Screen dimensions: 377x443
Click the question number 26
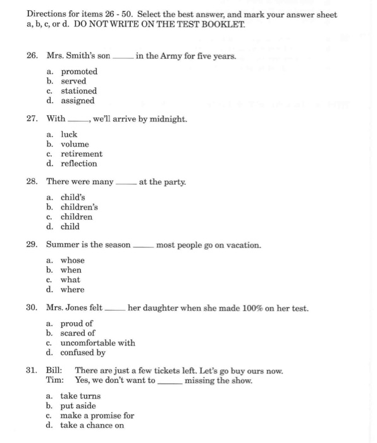point(32,56)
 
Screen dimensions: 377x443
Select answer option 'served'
point(73,82)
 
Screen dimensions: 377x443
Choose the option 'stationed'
point(78,91)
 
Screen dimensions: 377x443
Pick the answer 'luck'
point(69,135)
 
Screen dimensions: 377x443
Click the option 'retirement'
point(81,154)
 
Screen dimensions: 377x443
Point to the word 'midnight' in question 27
point(168,119)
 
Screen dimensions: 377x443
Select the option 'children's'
point(79,207)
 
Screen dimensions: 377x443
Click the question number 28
point(32,182)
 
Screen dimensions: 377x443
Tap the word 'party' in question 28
point(175,182)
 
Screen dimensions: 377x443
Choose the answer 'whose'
point(72,261)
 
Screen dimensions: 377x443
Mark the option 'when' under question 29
point(71,270)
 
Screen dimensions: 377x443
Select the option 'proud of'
point(77,323)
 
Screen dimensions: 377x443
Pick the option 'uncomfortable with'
point(97,343)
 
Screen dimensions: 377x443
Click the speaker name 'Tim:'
point(54,380)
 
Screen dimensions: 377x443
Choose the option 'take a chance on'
point(92,425)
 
